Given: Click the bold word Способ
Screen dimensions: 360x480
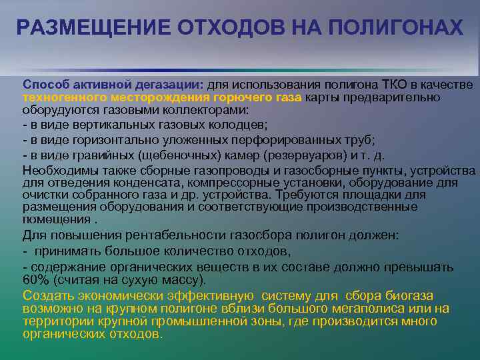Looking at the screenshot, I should [x=45, y=85].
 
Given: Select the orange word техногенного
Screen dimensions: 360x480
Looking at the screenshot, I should [x=58, y=97].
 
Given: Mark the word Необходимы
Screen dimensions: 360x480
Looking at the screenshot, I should [x=54, y=171].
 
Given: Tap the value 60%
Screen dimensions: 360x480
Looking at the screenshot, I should [x=35, y=279].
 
